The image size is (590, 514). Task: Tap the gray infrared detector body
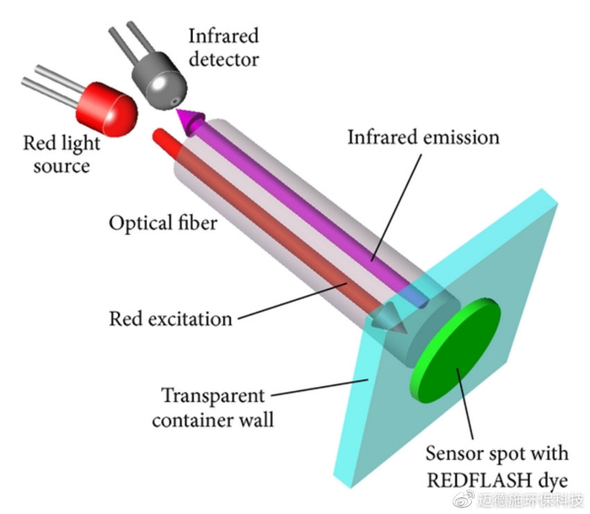pos(159,81)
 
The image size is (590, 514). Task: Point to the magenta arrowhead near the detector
pos(190,120)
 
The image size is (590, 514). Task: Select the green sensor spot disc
pos(456,350)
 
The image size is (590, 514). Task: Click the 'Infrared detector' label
pos(224,47)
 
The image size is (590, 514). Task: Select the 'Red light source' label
pos(62,154)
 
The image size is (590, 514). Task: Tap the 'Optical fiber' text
pos(163,223)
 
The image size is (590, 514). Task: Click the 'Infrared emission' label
pos(423,137)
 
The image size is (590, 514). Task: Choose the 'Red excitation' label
pos(170,319)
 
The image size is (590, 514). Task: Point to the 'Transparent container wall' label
pos(213,408)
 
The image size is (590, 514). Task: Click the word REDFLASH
pos(477,480)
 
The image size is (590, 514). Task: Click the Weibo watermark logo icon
pos(464,500)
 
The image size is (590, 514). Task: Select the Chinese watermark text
pos(530,501)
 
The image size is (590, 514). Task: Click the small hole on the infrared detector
pos(175,101)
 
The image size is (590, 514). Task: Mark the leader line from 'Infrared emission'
pos(396,207)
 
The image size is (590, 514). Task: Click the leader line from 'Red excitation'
pos(292,301)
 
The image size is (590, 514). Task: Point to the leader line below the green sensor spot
pos(464,404)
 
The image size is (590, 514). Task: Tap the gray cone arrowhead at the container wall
pos(389,319)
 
